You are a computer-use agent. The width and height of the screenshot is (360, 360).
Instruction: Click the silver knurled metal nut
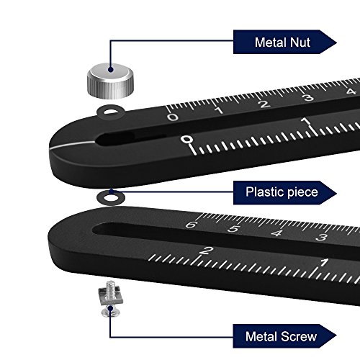[x=110, y=81]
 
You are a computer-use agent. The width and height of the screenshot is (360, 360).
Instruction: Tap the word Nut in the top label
[x=300, y=42]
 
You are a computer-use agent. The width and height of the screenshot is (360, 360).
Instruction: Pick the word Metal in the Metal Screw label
[x=262, y=336]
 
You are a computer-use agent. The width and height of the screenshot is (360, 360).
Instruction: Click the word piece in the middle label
[x=302, y=193]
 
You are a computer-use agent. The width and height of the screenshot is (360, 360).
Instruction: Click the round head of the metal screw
[x=109, y=312]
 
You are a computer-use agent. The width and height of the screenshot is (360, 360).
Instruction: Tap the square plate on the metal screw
[x=111, y=297]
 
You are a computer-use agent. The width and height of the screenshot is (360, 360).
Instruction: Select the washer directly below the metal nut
[x=111, y=112]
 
